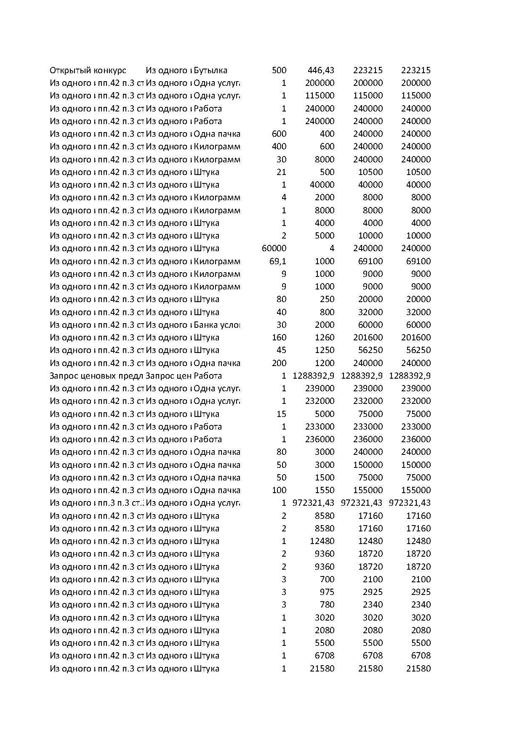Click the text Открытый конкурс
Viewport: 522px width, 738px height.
click(88, 70)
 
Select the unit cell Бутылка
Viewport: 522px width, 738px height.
click(210, 70)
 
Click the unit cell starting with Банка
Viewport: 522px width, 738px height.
click(216, 325)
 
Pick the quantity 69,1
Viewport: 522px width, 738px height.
click(277, 261)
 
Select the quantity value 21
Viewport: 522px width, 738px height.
click(281, 172)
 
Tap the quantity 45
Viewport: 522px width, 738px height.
click(281, 350)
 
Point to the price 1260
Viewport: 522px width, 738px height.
click(324, 337)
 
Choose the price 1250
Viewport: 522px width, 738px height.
click(324, 350)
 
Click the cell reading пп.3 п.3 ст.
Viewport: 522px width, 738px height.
click(120, 503)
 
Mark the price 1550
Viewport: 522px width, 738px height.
click(324, 490)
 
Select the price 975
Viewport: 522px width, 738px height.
click(327, 592)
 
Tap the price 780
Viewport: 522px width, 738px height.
click(327, 605)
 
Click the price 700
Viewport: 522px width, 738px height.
click(327, 579)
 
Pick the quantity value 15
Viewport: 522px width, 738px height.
click(281, 414)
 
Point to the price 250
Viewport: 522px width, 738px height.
click(327, 299)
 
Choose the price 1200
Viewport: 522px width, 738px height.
click(324, 363)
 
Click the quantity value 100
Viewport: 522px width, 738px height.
click(279, 490)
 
